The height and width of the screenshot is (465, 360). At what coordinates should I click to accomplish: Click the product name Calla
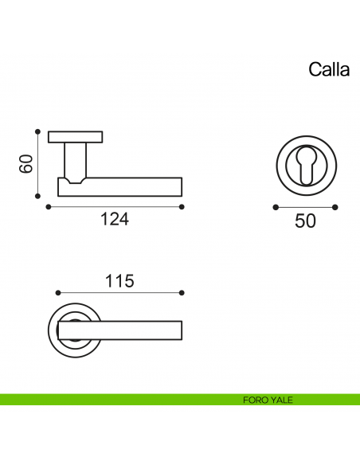[x=329, y=69]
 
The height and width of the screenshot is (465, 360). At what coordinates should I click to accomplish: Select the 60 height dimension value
[x=25, y=164]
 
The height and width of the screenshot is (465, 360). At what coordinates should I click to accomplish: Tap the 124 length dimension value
[x=115, y=220]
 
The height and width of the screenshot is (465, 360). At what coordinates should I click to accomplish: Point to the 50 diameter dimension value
[x=305, y=221]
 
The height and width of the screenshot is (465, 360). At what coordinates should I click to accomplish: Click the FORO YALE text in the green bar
[x=268, y=400]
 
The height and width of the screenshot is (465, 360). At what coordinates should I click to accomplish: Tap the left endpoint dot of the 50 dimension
[x=275, y=207]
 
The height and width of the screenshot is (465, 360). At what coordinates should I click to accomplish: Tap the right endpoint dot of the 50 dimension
[x=335, y=207]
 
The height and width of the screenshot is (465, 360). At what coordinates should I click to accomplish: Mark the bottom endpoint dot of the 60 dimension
[x=37, y=196]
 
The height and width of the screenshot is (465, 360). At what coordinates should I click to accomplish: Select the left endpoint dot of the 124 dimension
[x=49, y=207]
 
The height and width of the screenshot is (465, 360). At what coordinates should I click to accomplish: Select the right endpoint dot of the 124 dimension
[x=182, y=207]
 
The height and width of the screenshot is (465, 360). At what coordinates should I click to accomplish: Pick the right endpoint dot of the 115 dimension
[x=182, y=292]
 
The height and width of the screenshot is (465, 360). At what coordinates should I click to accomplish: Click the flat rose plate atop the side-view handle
[x=75, y=137]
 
